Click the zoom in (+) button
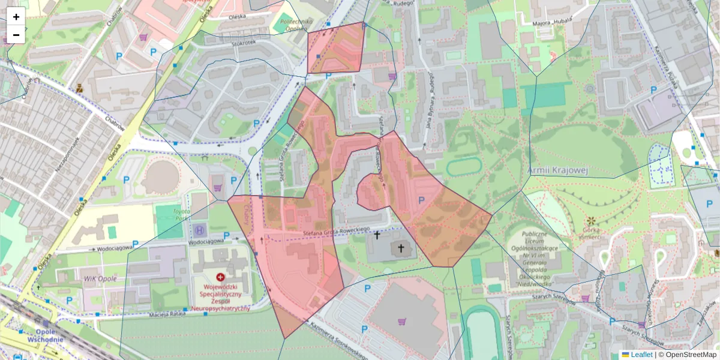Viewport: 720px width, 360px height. point(16,17)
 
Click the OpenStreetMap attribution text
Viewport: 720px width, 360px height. point(686,355)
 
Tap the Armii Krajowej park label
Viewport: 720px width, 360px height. point(558,171)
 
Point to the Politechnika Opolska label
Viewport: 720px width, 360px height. point(292,25)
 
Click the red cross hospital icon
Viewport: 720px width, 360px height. point(220,277)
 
